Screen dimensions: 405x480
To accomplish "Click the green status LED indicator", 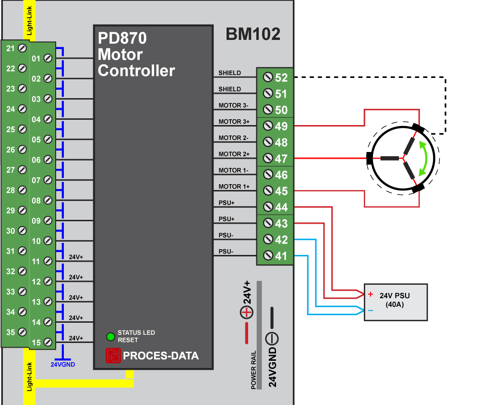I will coord(110,336).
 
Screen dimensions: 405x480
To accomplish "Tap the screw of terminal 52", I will coord(268,77).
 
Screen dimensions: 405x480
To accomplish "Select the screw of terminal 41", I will coord(268,256).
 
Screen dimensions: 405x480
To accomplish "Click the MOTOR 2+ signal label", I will coord(234,154).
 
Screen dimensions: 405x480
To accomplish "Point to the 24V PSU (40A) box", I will coord(396,302).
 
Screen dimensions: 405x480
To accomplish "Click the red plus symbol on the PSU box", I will coord(371,294).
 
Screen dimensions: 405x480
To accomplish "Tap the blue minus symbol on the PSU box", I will coord(371,311).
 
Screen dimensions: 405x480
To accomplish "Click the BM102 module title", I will coord(253,35).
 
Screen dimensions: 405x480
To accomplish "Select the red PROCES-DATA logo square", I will coord(113,355).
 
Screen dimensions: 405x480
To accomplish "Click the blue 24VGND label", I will coord(63,364).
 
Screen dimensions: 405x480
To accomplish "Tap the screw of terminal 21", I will coord(22,48).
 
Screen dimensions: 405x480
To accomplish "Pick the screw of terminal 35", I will coord(22,332).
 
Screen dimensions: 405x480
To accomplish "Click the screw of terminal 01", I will coord(48,58).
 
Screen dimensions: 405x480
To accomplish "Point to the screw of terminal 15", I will coord(48,342).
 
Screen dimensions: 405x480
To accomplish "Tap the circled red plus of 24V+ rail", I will coord(246,313).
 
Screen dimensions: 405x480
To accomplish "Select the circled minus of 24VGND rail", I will coord(272,338).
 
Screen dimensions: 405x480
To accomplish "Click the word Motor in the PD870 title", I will coord(120,54).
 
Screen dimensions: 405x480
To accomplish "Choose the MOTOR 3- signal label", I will coord(234,105).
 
